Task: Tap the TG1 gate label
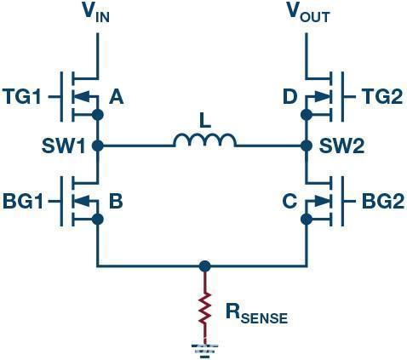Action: pos(24,96)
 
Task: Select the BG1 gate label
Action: pos(24,202)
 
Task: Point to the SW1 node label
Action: pos(64,146)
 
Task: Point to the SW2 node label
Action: pos(343,146)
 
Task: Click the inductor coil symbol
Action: pos(204,140)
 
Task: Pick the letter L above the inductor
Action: pos(204,122)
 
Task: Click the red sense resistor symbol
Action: pos(203,311)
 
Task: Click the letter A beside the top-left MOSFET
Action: pos(117,97)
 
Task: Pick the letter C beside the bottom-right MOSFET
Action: pos(289,203)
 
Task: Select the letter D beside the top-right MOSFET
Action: pos(289,97)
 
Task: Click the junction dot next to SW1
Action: pos(98,146)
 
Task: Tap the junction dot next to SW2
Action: pos(307,146)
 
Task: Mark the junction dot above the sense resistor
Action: pos(203,266)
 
